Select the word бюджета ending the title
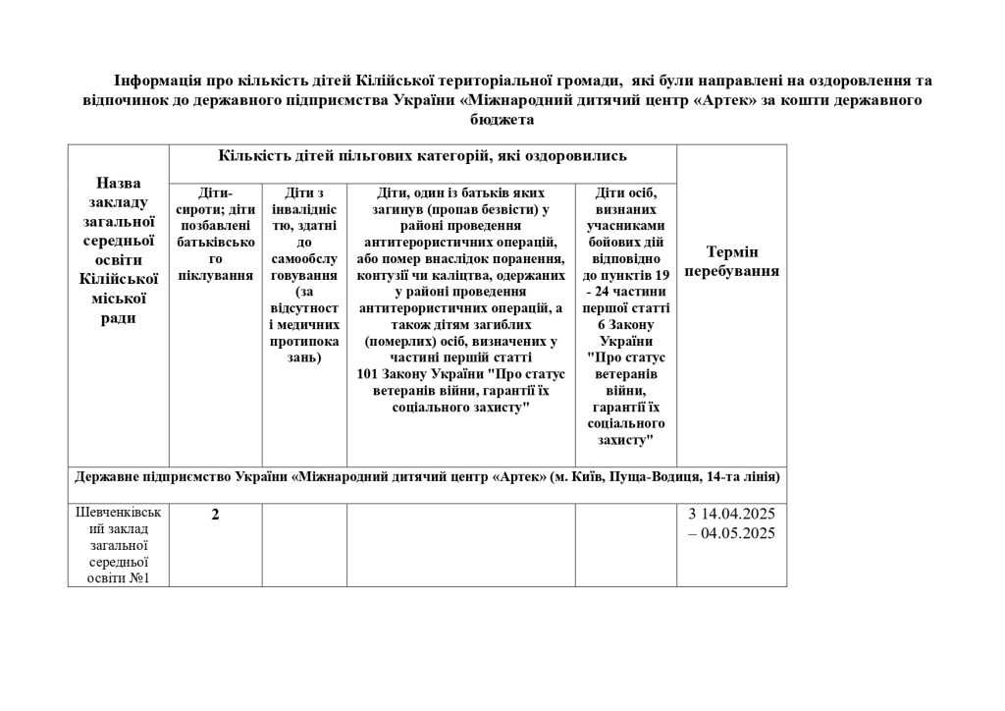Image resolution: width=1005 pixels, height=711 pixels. pos(502,120)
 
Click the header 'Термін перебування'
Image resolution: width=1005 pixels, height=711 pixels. pos(731,261)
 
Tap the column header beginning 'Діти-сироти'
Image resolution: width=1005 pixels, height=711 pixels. pos(216,235)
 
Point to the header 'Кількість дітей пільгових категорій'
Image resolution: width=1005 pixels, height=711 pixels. pos(423,156)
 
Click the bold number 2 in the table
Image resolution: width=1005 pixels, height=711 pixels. pos(215,515)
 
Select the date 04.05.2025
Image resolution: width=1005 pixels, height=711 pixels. pos(738,534)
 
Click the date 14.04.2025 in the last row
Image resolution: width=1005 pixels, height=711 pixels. pos(738,515)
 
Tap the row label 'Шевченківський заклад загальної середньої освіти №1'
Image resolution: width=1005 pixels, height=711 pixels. pos(119,545)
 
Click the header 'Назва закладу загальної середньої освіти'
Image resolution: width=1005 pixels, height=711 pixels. pos(119,250)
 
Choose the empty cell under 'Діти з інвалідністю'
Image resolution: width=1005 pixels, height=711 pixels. pos(304,545)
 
